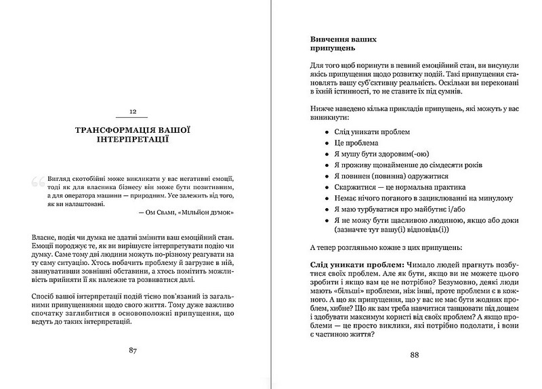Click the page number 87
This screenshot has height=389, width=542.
tap(133, 350)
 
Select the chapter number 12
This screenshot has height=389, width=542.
tap(133, 111)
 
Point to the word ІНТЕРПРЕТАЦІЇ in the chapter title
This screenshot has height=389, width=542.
tap(133, 141)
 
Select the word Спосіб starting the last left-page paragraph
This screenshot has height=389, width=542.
tap(46, 295)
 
